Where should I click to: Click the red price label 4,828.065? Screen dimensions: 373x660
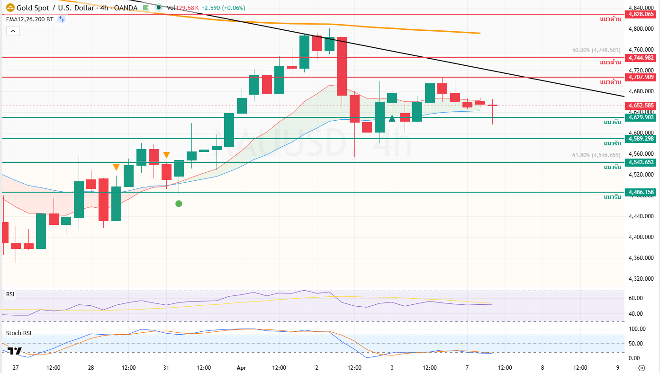(x=641, y=14)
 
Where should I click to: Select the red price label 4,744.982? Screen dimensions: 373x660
(x=641, y=58)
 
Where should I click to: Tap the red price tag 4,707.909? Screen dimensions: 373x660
(x=641, y=77)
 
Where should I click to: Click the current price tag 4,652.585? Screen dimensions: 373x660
(x=641, y=106)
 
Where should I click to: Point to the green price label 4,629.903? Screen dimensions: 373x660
(x=641, y=117)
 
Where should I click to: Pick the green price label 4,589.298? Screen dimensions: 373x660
(x=641, y=139)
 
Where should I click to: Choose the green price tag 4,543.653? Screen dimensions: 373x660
(x=641, y=162)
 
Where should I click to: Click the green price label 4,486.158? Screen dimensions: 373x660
(x=641, y=192)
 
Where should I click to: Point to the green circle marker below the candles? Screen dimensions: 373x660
(x=179, y=204)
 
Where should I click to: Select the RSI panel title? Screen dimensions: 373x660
(x=10, y=294)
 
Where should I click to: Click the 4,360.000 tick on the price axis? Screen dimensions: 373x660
(x=641, y=258)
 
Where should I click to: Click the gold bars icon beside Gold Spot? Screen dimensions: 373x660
(x=9, y=8)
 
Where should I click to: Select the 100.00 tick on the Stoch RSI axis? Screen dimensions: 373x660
(x=636, y=329)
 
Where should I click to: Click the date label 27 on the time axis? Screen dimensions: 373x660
(x=16, y=367)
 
